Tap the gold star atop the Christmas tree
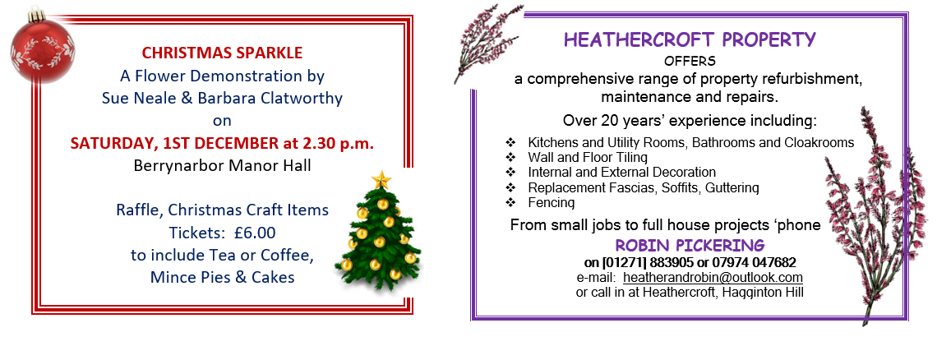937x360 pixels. tap(381, 179)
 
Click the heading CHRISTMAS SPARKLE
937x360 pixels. tap(222, 53)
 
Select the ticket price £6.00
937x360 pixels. tap(247, 232)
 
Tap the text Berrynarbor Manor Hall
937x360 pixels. tap(222, 166)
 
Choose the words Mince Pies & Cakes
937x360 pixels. tap(222, 278)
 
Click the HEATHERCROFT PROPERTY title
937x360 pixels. tap(690, 40)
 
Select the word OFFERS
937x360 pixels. tap(690, 61)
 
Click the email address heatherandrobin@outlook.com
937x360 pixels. tap(713, 278)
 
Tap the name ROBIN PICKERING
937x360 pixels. tap(690, 245)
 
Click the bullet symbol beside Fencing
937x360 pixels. tap(510, 203)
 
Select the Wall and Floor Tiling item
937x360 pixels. tap(588, 158)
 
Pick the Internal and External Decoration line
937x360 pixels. tap(621, 173)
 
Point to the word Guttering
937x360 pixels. tap(732, 188)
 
